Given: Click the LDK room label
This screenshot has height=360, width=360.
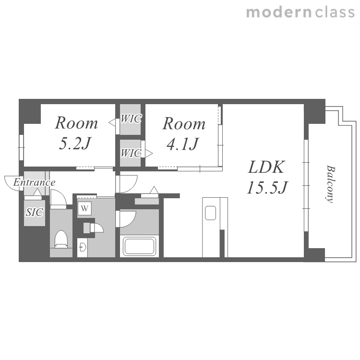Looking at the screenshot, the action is click(266, 167).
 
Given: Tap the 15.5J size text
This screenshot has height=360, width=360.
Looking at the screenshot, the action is click(267, 188).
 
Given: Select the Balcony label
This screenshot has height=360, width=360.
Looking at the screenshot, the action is click(330, 184).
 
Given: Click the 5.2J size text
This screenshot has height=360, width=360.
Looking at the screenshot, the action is click(75, 144).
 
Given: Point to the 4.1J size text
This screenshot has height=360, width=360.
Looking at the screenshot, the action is click(182, 144).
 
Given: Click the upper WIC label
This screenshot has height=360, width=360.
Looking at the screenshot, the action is click(131, 119).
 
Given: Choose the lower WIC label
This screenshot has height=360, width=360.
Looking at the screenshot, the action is click(131, 153).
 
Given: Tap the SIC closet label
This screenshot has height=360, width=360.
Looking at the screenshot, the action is click(34, 212).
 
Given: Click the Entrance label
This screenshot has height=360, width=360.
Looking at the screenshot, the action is click(34, 182).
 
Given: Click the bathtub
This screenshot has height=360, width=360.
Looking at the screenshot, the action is click(139, 246).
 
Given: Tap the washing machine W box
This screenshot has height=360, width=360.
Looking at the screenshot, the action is click(84, 208).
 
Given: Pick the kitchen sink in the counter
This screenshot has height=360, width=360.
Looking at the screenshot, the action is click(210, 213).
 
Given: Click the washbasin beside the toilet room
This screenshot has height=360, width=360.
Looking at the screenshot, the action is click(82, 247).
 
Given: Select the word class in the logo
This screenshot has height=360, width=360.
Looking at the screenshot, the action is click(335, 12).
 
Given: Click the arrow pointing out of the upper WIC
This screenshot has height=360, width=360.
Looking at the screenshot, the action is click(112, 122).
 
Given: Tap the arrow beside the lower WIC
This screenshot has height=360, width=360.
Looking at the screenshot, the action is click(149, 153).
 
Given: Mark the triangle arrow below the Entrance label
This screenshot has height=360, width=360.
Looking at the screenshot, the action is click(37, 192).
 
